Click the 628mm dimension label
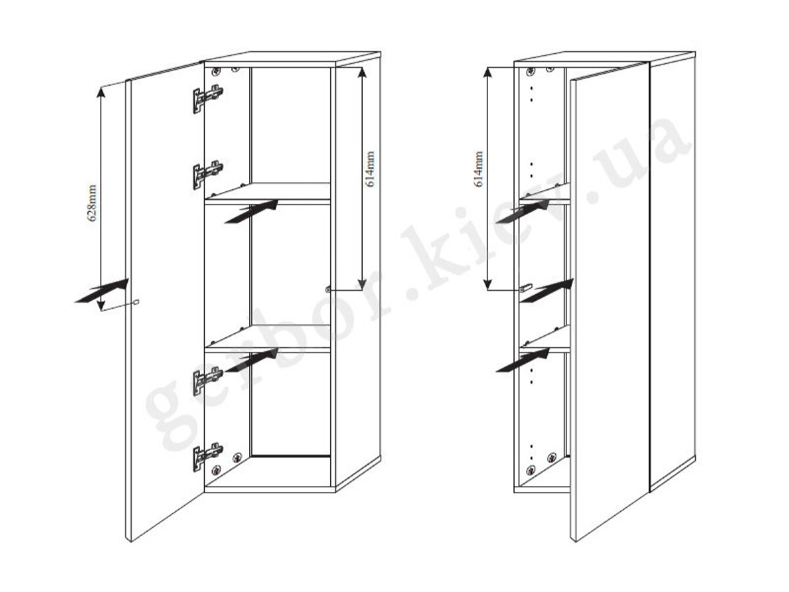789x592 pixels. point(93,203)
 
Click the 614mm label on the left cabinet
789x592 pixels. point(370,169)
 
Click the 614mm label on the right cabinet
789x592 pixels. point(479,169)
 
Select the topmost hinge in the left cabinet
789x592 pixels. point(208,99)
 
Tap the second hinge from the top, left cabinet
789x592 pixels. point(208,175)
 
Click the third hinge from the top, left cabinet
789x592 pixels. point(208,381)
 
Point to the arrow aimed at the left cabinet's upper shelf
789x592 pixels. point(251,211)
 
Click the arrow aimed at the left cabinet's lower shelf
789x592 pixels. point(251,360)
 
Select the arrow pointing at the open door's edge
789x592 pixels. point(102,291)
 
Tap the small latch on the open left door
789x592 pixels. point(136,302)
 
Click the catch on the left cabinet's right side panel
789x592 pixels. point(328,289)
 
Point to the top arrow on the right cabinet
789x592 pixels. point(523,211)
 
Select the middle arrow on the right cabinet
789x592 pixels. point(547,291)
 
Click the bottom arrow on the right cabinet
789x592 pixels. point(523,360)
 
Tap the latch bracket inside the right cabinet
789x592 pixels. point(525,287)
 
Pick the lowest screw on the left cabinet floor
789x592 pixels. point(216,470)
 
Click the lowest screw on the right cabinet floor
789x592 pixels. point(531,470)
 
